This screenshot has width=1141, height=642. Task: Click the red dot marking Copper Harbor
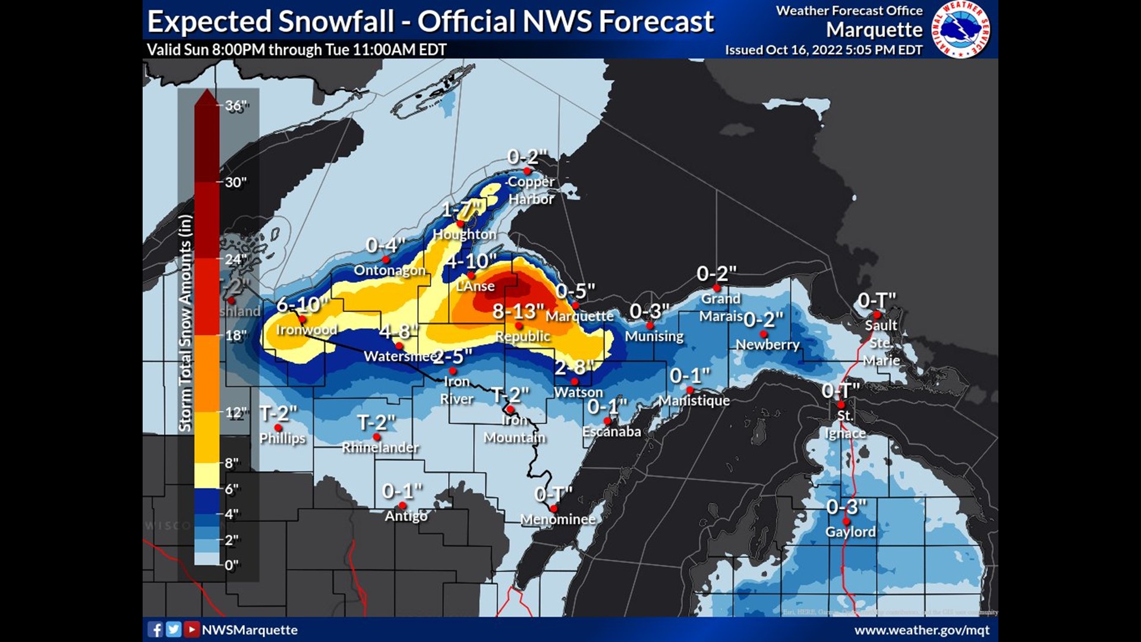[x=527, y=171]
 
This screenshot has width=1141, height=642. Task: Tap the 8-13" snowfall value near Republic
[x=518, y=311]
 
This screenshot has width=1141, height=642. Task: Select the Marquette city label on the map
[x=579, y=316]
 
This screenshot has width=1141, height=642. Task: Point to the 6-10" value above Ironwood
[x=302, y=305]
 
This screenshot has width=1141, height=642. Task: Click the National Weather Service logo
[x=960, y=29]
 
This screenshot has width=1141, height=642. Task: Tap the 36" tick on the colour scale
[x=237, y=106]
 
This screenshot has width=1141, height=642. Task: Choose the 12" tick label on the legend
[x=235, y=412]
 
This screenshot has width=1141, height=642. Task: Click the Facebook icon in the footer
[x=155, y=630]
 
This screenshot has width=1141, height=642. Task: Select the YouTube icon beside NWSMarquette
[x=191, y=630]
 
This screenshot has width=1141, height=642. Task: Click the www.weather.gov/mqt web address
[x=922, y=630]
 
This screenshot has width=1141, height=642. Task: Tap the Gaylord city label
[x=850, y=532]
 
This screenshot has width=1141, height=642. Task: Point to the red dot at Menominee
[x=553, y=509]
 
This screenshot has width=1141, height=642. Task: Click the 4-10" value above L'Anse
[x=472, y=262]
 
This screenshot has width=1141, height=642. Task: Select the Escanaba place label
[x=612, y=432]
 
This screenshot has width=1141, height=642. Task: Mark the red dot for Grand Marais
[x=717, y=288]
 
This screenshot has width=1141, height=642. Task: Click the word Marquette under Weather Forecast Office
[x=874, y=30]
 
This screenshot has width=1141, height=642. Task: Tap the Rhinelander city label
[x=380, y=448]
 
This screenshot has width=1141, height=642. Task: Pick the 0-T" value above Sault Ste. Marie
[x=877, y=301]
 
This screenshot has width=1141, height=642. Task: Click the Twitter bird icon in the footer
[x=174, y=630]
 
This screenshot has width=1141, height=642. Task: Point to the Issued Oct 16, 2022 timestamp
[x=823, y=50]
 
